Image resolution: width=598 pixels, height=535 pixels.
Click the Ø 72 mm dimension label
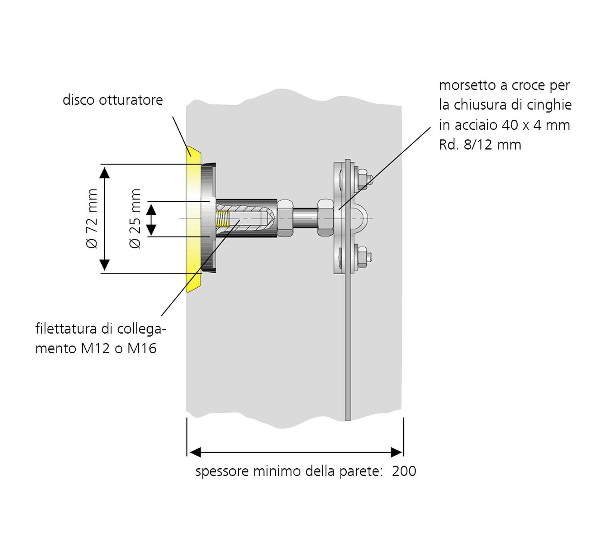[92, 219]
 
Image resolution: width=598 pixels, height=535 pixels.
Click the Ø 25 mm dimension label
[135, 219]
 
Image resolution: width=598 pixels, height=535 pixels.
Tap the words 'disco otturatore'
[113, 100]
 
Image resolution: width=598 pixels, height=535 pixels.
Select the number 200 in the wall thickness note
[404, 471]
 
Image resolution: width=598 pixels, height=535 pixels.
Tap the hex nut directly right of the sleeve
[285, 218]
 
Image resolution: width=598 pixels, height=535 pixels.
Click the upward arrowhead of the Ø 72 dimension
[105, 172]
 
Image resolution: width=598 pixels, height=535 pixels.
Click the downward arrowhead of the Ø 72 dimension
[105, 265]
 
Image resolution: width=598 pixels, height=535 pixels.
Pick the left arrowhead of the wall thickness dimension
[195, 452]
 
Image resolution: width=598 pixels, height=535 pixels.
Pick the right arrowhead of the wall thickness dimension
[396, 452]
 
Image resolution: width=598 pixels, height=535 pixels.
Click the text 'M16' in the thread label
[142, 348]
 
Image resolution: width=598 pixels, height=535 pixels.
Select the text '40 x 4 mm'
[536, 125]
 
